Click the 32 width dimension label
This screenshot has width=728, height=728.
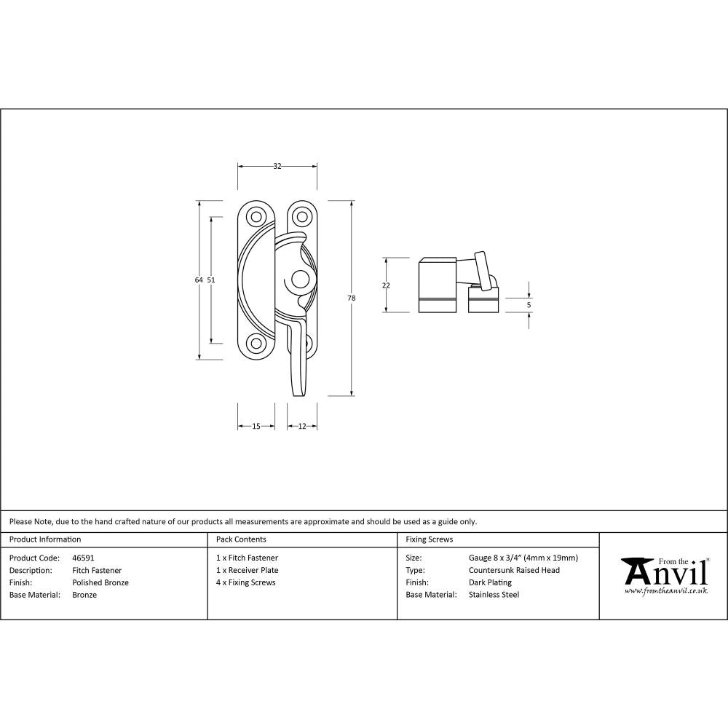tap(277, 166)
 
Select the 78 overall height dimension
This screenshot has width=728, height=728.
tap(351, 298)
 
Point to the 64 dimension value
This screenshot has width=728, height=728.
tap(199, 280)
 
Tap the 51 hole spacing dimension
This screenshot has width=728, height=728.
tap(211, 280)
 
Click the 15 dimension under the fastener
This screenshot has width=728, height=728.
tap(256, 426)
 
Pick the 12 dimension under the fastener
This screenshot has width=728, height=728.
tap(301, 426)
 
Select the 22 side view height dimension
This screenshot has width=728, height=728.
tap(386, 285)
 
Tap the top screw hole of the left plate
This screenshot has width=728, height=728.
tap(256, 216)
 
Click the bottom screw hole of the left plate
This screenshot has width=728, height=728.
tap(256, 343)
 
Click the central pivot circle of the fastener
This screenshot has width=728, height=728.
tap(298, 280)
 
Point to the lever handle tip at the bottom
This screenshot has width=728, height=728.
tap(298, 392)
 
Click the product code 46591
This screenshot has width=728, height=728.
tap(83, 558)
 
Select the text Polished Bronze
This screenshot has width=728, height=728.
tap(100, 582)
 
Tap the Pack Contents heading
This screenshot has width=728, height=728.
tap(241, 539)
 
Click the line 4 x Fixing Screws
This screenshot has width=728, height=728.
tap(246, 582)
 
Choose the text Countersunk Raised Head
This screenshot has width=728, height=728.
tap(514, 570)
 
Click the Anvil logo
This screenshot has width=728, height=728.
tap(664, 574)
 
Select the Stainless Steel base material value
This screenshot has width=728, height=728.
tap(494, 595)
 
